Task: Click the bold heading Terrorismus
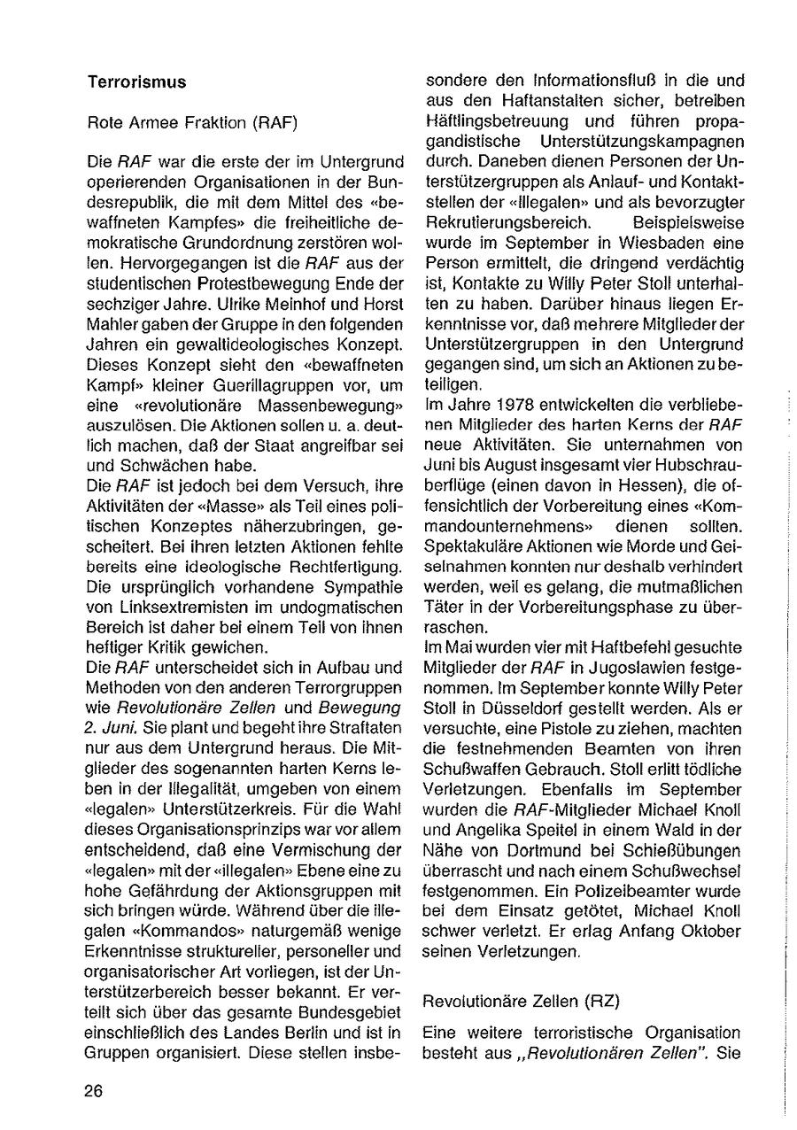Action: [136, 81]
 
